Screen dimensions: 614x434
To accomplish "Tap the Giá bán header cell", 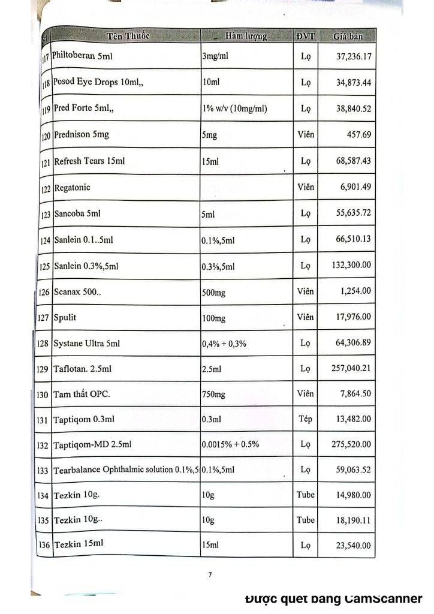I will coord(348,37).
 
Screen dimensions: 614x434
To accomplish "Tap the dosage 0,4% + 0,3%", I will coord(225,344).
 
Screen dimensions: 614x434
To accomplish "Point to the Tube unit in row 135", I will coord(305,520).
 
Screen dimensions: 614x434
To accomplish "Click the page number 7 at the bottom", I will coord(210,575).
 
